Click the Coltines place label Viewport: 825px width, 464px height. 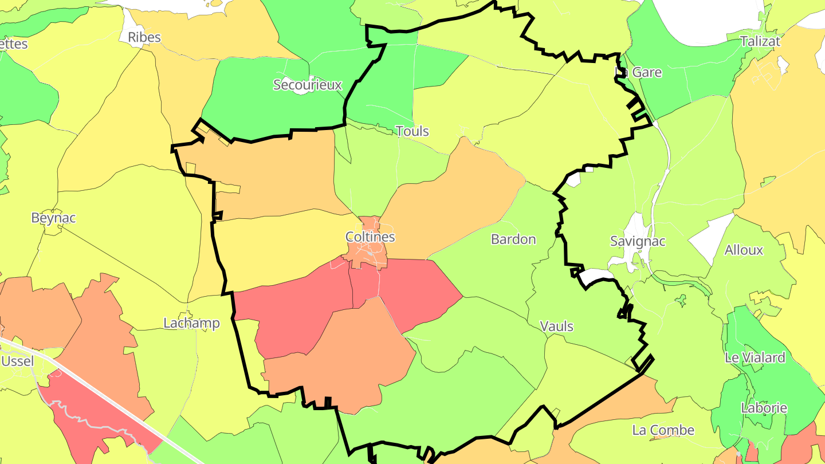click(x=370, y=237)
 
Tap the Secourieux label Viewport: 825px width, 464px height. click(x=307, y=85)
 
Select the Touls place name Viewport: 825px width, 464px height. click(x=412, y=131)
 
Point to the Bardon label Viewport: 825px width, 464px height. click(x=513, y=239)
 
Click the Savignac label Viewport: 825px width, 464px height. click(x=638, y=241)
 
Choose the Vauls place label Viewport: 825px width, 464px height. click(x=556, y=326)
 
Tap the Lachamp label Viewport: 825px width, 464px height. click(x=191, y=323)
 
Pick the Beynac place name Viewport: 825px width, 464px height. click(x=53, y=218)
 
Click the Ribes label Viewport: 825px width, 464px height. click(x=144, y=38)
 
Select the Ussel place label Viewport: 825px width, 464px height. click(x=18, y=361)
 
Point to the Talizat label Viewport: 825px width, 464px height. click(x=760, y=41)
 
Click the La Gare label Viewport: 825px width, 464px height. click(x=638, y=72)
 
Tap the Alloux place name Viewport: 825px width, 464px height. click(x=744, y=250)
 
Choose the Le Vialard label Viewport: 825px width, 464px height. click(x=755, y=357)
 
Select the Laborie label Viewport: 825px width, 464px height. click(x=764, y=408)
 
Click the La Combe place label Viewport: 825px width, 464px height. click(x=663, y=430)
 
